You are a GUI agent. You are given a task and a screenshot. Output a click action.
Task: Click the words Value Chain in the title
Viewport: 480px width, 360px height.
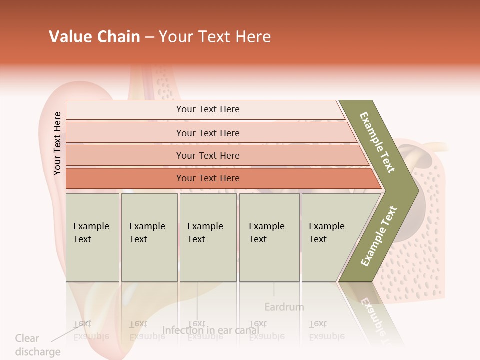[x=94, y=37]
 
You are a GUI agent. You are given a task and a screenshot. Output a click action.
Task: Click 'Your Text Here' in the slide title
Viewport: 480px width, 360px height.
[x=215, y=37]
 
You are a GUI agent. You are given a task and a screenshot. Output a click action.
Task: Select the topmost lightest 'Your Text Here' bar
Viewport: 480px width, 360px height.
[x=208, y=109]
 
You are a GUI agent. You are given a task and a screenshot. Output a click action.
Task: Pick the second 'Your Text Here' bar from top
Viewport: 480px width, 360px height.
[x=208, y=133]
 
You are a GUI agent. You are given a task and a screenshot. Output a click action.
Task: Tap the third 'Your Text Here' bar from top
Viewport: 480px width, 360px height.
[x=208, y=155]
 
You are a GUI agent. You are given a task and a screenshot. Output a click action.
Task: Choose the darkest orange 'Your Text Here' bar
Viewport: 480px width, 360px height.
[x=208, y=178]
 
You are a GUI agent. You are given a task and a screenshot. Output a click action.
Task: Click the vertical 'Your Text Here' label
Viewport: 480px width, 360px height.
[x=57, y=143]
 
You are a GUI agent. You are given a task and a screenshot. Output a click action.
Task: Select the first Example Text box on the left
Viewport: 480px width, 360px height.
[x=92, y=237]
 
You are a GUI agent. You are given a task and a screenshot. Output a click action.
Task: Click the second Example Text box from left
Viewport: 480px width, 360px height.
[x=149, y=237]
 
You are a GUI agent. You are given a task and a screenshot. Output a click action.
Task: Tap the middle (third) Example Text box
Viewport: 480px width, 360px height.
[x=208, y=237]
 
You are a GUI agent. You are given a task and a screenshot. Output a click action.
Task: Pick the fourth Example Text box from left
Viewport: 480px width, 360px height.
[x=269, y=237]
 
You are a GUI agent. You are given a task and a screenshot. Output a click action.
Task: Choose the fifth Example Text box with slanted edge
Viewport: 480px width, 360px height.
[x=330, y=237]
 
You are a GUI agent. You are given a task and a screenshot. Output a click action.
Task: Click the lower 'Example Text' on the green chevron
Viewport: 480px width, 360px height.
[x=378, y=236]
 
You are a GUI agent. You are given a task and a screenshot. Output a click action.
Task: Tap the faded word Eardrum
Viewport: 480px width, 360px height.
[x=284, y=307]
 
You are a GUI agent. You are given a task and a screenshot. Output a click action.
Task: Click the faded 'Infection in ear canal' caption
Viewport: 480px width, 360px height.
[x=211, y=330]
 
